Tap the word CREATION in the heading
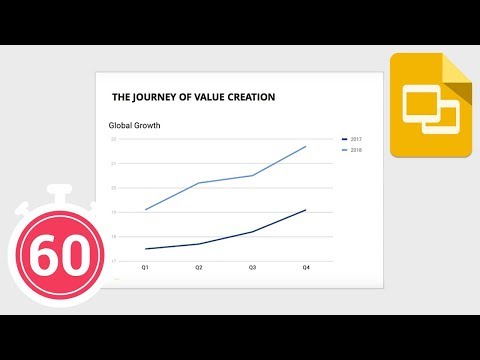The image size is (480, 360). click(247, 97)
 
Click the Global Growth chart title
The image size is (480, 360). click(134, 126)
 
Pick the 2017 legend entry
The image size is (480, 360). click(355, 139)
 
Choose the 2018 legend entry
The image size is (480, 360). click(355, 150)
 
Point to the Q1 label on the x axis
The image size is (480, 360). click(145, 268)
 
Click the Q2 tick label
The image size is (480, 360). click(198, 268)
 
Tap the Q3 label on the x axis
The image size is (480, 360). click(252, 268)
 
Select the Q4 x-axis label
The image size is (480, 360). click(306, 268)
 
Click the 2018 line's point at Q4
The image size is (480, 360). click(306, 146)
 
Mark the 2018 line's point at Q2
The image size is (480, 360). click(198, 183)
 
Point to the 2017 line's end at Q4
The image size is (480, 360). click(306, 210)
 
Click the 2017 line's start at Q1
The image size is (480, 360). click(145, 249)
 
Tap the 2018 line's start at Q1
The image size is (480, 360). click(145, 209)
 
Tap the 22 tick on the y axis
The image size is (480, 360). click(114, 140)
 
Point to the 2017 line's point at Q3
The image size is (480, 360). click(252, 232)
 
